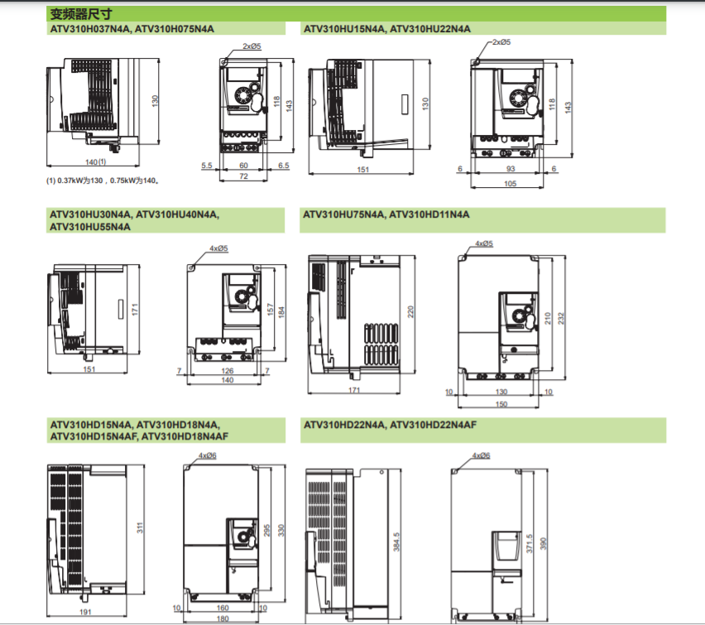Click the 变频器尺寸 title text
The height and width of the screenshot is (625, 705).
click(81, 14)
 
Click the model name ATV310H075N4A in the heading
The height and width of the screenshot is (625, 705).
click(175, 29)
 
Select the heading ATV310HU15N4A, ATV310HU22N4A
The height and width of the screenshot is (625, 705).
click(387, 29)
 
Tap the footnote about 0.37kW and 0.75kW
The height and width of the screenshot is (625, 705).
click(103, 180)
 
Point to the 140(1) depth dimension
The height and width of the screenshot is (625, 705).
click(96, 161)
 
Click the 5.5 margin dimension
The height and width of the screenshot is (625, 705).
click(207, 166)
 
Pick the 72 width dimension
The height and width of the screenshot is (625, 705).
click(244, 176)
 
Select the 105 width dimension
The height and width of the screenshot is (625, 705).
click(511, 184)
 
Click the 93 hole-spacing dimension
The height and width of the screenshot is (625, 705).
click(511, 169)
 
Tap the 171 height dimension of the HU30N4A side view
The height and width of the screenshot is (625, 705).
click(135, 309)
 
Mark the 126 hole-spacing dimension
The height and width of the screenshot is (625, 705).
click(228, 371)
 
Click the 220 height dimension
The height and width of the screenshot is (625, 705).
click(410, 312)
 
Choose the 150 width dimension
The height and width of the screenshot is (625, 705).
click(501, 404)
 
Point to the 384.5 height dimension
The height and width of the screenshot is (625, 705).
click(396, 541)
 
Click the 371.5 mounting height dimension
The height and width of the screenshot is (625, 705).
click(530, 544)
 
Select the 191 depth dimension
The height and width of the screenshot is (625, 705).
click(85, 612)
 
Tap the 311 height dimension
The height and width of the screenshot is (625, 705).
click(140, 528)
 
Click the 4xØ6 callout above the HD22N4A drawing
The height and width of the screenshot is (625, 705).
click(481, 455)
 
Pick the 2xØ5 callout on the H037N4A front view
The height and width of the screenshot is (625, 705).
click(252, 46)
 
